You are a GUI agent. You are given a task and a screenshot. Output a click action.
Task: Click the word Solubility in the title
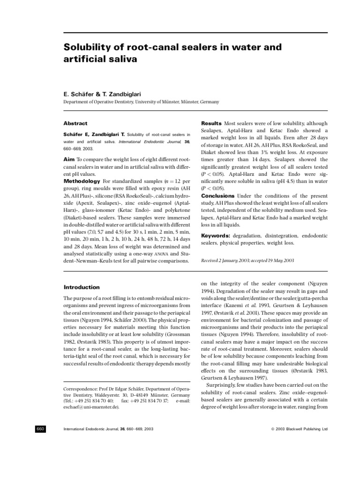pyautogui.click(x=89, y=48)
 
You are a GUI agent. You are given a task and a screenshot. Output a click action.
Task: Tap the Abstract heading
pyautogui.click(x=75, y=123)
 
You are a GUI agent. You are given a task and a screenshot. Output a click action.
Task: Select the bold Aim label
pyautogui.click(x=69, y=159)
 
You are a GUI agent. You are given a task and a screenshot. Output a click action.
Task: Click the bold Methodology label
pyautogui.click(x=82, y=181)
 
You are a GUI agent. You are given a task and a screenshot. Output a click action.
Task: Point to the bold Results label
pyautogui.click(x=212, y=123)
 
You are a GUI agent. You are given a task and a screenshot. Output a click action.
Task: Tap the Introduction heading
pyautogui.click(x=82, y=287)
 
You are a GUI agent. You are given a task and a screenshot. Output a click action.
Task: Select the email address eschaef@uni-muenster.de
pyautogui.click(x=91, y=407)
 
